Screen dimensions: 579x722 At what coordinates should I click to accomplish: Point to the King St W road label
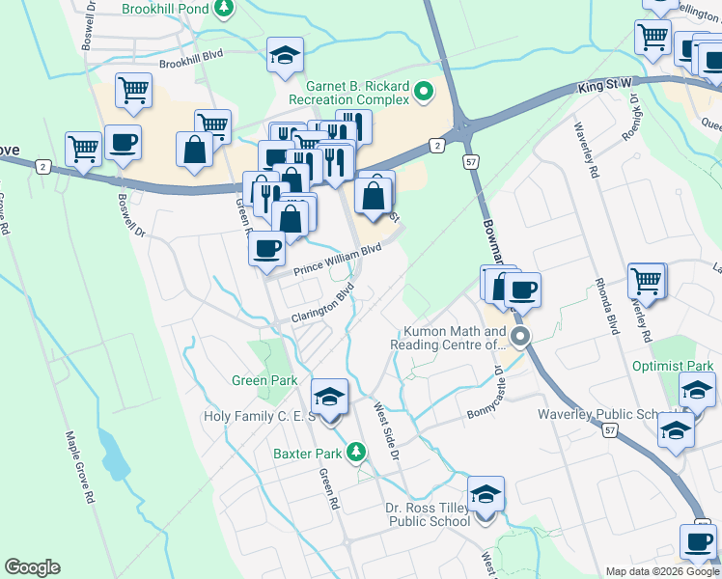tap(604, 86)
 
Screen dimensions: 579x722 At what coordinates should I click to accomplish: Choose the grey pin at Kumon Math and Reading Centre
tap(521, 337)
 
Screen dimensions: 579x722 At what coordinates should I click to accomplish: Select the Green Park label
tap(264, 380)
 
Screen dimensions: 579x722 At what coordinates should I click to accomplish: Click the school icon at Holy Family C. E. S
tap(329, 397)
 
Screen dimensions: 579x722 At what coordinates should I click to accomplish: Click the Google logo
tap(32, 567)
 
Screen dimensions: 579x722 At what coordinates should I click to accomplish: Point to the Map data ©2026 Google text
tap(660, 571)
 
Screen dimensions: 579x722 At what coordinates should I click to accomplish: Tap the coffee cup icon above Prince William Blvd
tap(266, 248)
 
